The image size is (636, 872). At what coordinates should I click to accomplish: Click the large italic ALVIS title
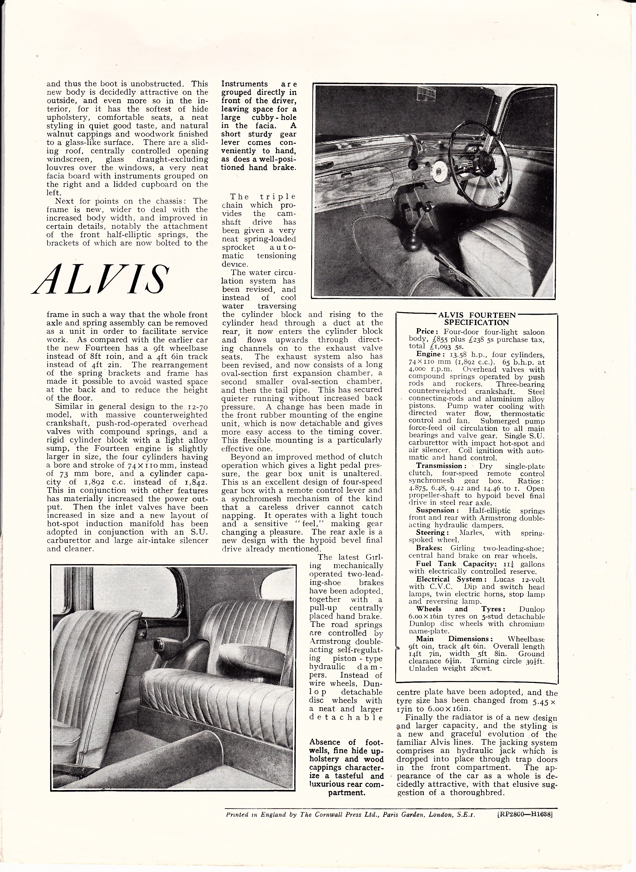[x=101, y=279]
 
